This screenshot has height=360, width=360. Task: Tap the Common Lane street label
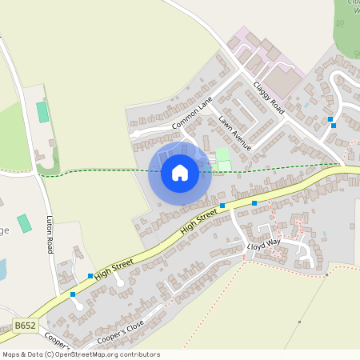pyautogui.click(x=193, y=118)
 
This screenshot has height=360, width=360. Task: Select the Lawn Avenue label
pyautogui.click(x=234, y=134)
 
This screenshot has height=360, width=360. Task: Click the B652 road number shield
pyautogui.click(x=25, y=326)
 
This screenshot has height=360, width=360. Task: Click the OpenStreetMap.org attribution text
pyautogui.click(x=114, y=354)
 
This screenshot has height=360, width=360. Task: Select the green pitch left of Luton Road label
pyautogui.click(x=25, y=223)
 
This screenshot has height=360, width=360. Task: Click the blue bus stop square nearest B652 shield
pyautogui.click(x=73, y=294)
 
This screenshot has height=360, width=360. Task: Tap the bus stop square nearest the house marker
pyautogui.click(x=222, y=206)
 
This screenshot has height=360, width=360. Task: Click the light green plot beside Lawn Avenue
pyautogui.click(x=222, y=154)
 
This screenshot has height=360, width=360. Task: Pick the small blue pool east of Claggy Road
pyautogui.click(x=306, y=105)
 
